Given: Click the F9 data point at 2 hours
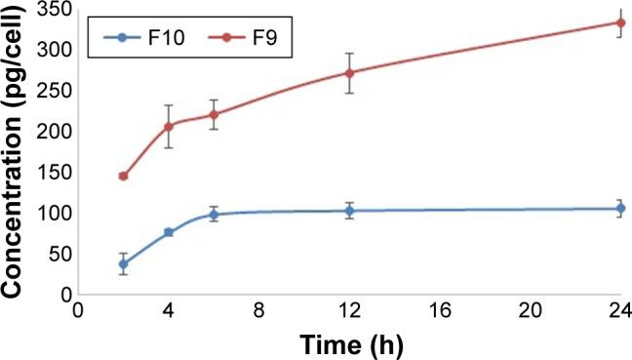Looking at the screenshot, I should coord(123,176).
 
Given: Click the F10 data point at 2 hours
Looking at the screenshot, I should coord(123,263).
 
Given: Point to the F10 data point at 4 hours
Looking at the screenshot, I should coord(169,232).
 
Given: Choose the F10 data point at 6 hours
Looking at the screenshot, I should coord(214,214).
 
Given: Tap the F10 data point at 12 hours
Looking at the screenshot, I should coord(349,210).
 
